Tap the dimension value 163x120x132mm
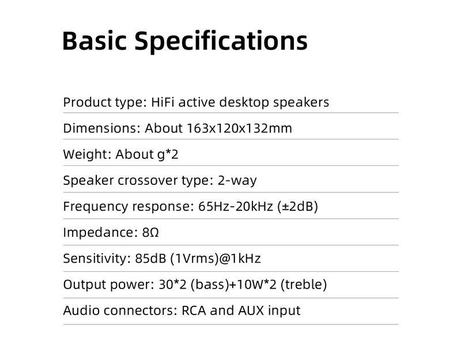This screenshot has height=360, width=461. point(240,128)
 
